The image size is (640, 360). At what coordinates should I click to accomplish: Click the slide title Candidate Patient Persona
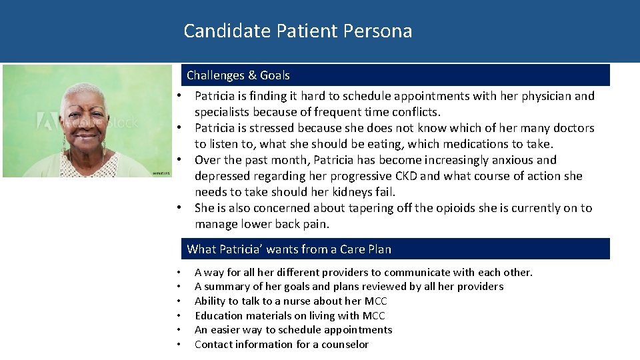(x=297, y=31)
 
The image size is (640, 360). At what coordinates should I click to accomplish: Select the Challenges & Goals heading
(x=238, y=75)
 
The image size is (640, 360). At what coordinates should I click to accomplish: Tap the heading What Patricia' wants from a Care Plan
(x=289, y=249)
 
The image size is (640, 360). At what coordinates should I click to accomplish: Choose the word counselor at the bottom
(x=343, y=345)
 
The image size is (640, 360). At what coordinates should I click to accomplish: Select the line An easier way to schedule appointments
(x=293, y=330)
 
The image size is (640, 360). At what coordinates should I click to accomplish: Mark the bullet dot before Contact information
(x=179, y=345)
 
